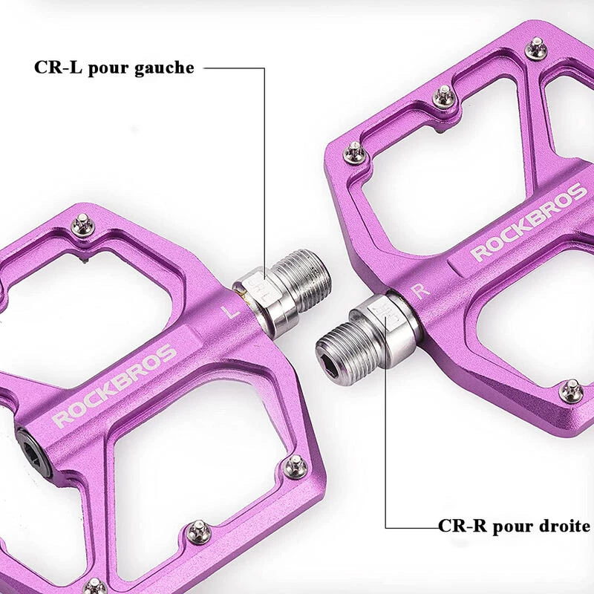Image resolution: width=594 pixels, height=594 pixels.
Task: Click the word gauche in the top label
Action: pyautogui.click(x=164, y=68)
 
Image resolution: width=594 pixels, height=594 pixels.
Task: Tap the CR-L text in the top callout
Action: pyautogui.click(x=58, y=68)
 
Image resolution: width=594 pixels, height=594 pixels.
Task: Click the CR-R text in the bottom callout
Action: pyautogui.click(x=462, y=526)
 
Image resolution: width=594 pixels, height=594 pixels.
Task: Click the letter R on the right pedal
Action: pyautogui.click(x=421, y=291)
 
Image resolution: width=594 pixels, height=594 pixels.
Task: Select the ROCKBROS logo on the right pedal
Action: pyautogui.click(x=529, y=221)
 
